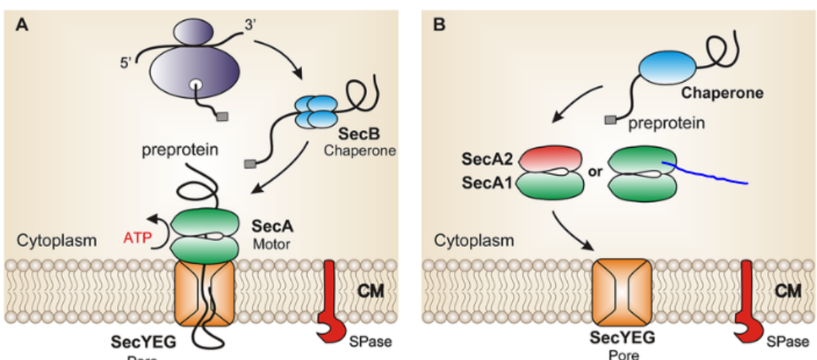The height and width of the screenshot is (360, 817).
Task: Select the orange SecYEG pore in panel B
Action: point(623,292)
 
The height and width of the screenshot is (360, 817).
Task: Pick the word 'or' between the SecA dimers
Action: point(596,171)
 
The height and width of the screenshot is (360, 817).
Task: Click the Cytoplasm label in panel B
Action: point(473,241)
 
